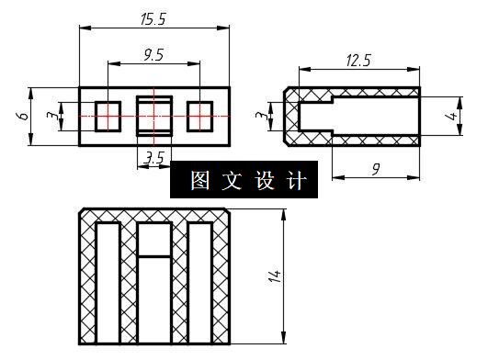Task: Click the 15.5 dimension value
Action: (153, 18)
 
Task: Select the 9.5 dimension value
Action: (153, 55)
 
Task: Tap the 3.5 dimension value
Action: (154, 157)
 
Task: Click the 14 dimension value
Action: (274, 276)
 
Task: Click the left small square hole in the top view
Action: (108, 117)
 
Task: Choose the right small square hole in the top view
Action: (199, 117)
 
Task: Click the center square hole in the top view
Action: (154, 117)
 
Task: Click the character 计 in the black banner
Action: (294, 181)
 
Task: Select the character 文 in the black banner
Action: (232, 181)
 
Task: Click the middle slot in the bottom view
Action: (154, 294)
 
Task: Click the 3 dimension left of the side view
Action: (261, 117)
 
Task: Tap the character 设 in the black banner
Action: (263, 181)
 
